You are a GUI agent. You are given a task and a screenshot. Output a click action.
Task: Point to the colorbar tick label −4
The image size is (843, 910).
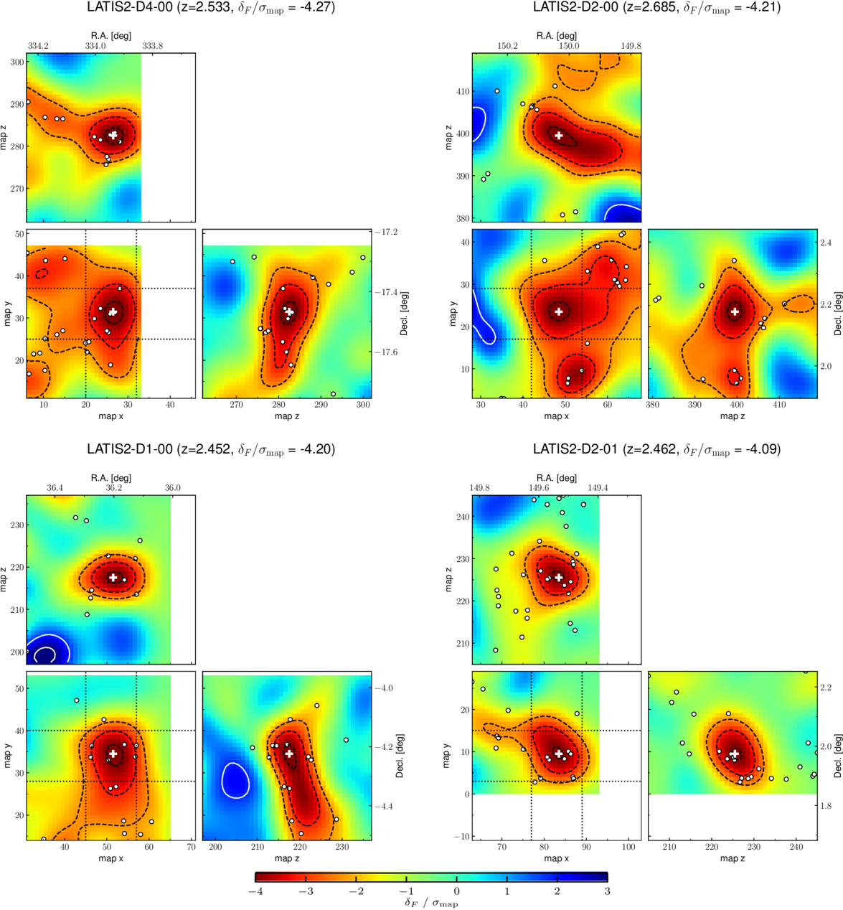255,891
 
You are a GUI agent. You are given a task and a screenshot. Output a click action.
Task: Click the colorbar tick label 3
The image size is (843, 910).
608,891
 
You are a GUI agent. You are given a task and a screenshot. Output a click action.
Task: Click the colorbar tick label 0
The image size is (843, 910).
456,891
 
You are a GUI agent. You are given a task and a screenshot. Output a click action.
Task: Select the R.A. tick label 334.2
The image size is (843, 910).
38,46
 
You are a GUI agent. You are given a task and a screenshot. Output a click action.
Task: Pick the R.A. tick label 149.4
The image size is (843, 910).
598,487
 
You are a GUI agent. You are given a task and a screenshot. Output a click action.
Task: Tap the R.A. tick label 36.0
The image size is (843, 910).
173,487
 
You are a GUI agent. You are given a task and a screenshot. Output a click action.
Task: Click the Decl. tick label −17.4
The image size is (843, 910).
386,292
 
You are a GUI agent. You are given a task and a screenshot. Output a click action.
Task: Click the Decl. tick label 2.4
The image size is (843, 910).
826,243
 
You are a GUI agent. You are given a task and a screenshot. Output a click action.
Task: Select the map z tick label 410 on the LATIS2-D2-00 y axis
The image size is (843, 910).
463,91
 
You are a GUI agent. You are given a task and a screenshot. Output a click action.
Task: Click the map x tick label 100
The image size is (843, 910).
628,847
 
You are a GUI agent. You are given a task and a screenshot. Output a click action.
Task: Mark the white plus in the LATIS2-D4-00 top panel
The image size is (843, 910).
113,135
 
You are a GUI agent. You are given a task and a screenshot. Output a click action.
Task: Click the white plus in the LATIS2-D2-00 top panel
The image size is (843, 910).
558,135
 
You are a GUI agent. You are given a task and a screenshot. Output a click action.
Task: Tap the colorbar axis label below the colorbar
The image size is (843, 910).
431,903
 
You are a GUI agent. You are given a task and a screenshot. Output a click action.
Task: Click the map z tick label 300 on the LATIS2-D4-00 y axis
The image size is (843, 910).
17,62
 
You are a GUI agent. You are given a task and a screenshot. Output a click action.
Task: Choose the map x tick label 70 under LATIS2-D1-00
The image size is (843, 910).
191,847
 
